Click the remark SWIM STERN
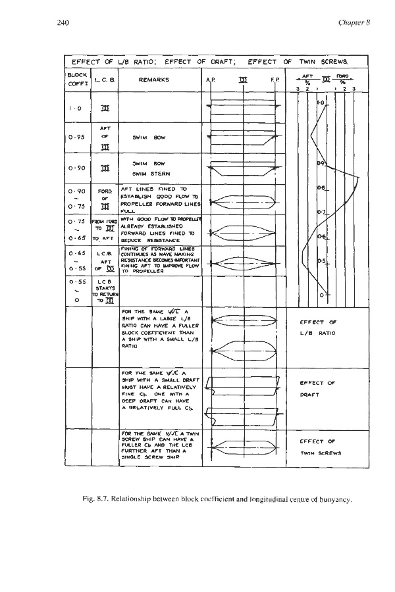click(x=147, y=174)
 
